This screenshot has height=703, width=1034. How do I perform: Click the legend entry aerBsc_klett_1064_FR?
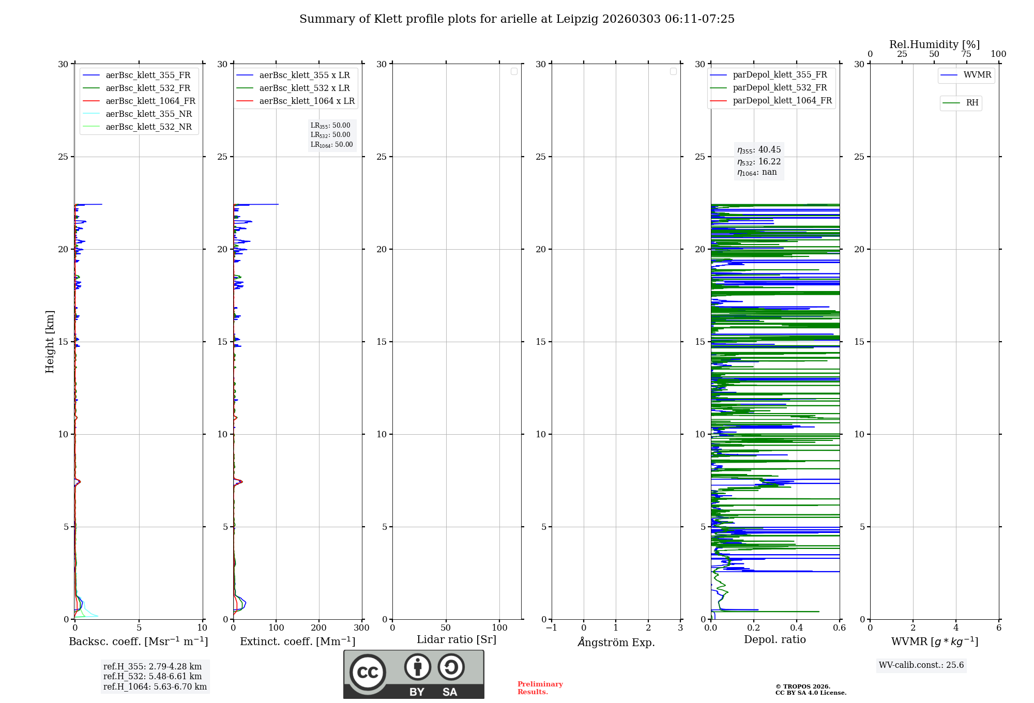tap(150, 101)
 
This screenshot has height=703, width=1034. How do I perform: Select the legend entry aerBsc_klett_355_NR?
tap(148, 114)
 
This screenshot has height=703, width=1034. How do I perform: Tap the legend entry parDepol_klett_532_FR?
tap(780, 87)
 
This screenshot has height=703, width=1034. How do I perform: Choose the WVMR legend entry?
tap(977, 75)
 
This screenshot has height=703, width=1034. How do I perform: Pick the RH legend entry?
tap(972, 103)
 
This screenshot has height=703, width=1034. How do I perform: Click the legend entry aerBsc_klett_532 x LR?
tap(304, 88)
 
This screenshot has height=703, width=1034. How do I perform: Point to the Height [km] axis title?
tap(50, 342)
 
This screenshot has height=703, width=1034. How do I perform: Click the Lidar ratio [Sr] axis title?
tap(457, 639)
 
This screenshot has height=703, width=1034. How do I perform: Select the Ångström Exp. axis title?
tap(616, 642)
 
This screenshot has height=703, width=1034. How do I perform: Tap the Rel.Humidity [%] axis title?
tap(934, 44)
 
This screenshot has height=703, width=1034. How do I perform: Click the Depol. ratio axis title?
tap(774, 639)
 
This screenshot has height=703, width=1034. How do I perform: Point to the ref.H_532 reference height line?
tap(153, 676)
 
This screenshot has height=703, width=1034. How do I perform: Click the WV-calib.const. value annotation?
tap(921, 665)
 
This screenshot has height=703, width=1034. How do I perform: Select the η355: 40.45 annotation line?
tap(759, 150)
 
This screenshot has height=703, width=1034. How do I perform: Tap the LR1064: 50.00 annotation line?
tap(331, 145)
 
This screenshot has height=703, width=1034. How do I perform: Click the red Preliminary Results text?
tap(540, 687)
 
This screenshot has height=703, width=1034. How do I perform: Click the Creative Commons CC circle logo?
tap(368, 672)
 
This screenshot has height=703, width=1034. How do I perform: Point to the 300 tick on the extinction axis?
tap(362, 628)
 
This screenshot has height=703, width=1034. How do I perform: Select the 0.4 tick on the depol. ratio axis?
tap(797, 628)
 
